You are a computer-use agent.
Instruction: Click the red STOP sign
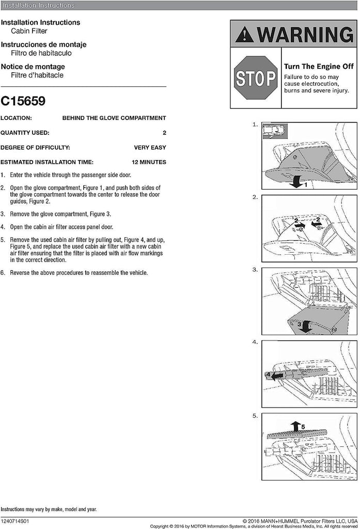[256, 78]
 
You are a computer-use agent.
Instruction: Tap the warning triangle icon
[244, 35]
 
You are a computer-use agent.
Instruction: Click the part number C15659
[23, 101]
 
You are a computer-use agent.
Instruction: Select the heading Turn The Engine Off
[318, 67]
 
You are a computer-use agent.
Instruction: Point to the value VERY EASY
[150, 147]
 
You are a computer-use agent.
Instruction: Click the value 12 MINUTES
[149, 162]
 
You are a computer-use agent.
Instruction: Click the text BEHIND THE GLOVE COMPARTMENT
[114, 118]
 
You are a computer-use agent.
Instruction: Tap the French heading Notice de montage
[33, 67]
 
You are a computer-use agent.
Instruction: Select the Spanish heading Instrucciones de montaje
[43, 45]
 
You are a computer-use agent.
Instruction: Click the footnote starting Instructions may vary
[49, 509]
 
